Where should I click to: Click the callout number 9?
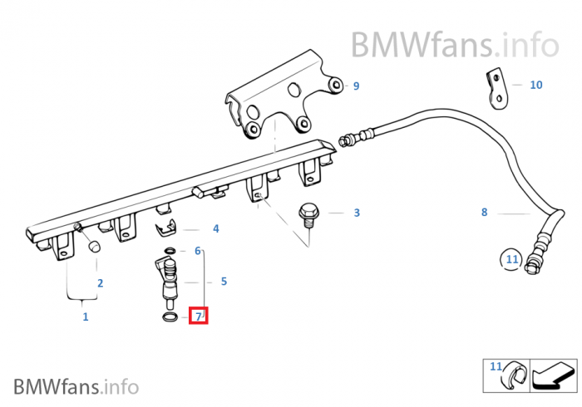(356, 86)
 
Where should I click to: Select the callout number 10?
(535, 85)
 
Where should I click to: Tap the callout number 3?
(357, 213)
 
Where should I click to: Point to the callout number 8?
(484, 212)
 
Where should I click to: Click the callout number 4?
(215, 228)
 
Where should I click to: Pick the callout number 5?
(224, 282)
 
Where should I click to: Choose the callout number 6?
(198, 250)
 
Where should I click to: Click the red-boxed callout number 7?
(199, 316)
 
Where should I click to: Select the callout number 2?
(100, 283)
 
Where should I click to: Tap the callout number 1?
(85, 316)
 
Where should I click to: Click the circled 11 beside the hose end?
(512, 260)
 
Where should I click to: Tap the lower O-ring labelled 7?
(169, 316)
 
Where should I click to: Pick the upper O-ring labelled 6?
(170, 250)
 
